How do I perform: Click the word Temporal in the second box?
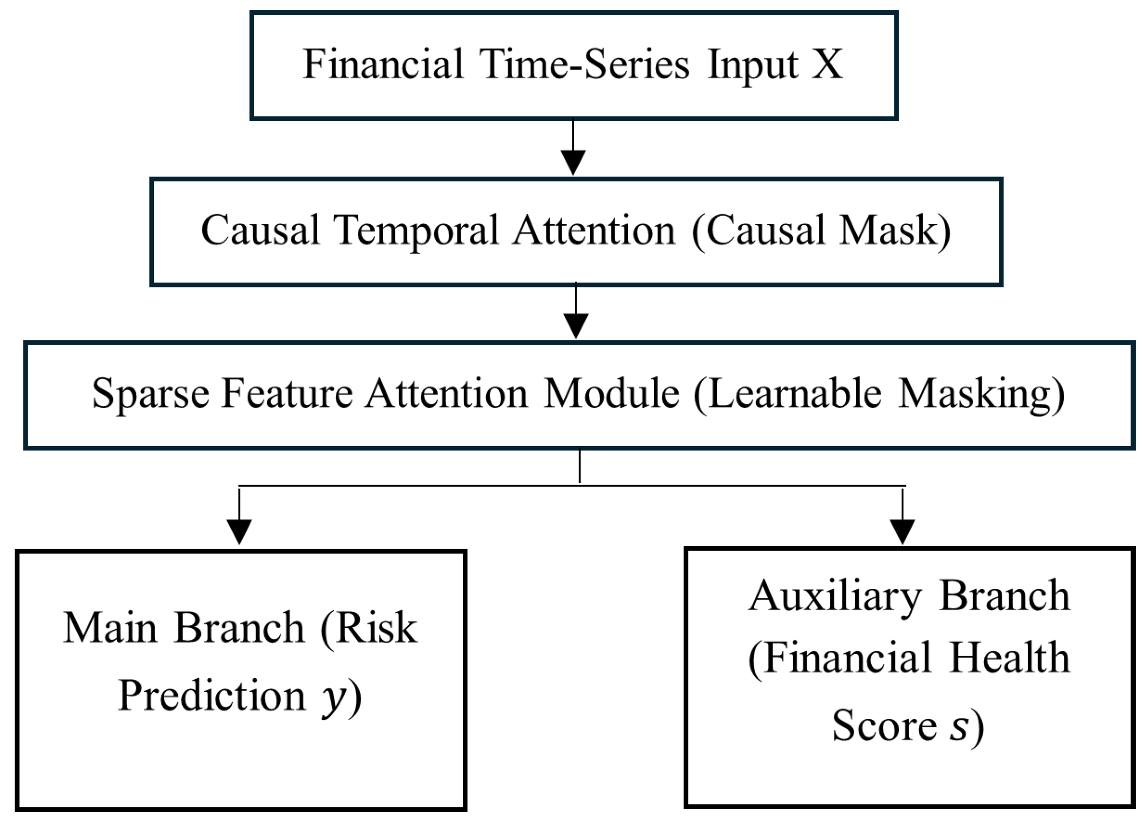(416, 230)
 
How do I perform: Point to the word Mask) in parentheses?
(894, 230)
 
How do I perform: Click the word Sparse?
(150, 394)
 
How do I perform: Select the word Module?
(611, 394)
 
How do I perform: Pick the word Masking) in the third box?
(981, 395)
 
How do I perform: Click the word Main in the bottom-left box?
(109, 628)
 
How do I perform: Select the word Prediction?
(212, 697)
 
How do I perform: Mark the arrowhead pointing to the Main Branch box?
(239, 532)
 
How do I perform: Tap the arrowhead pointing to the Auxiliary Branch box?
(902, 532)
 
